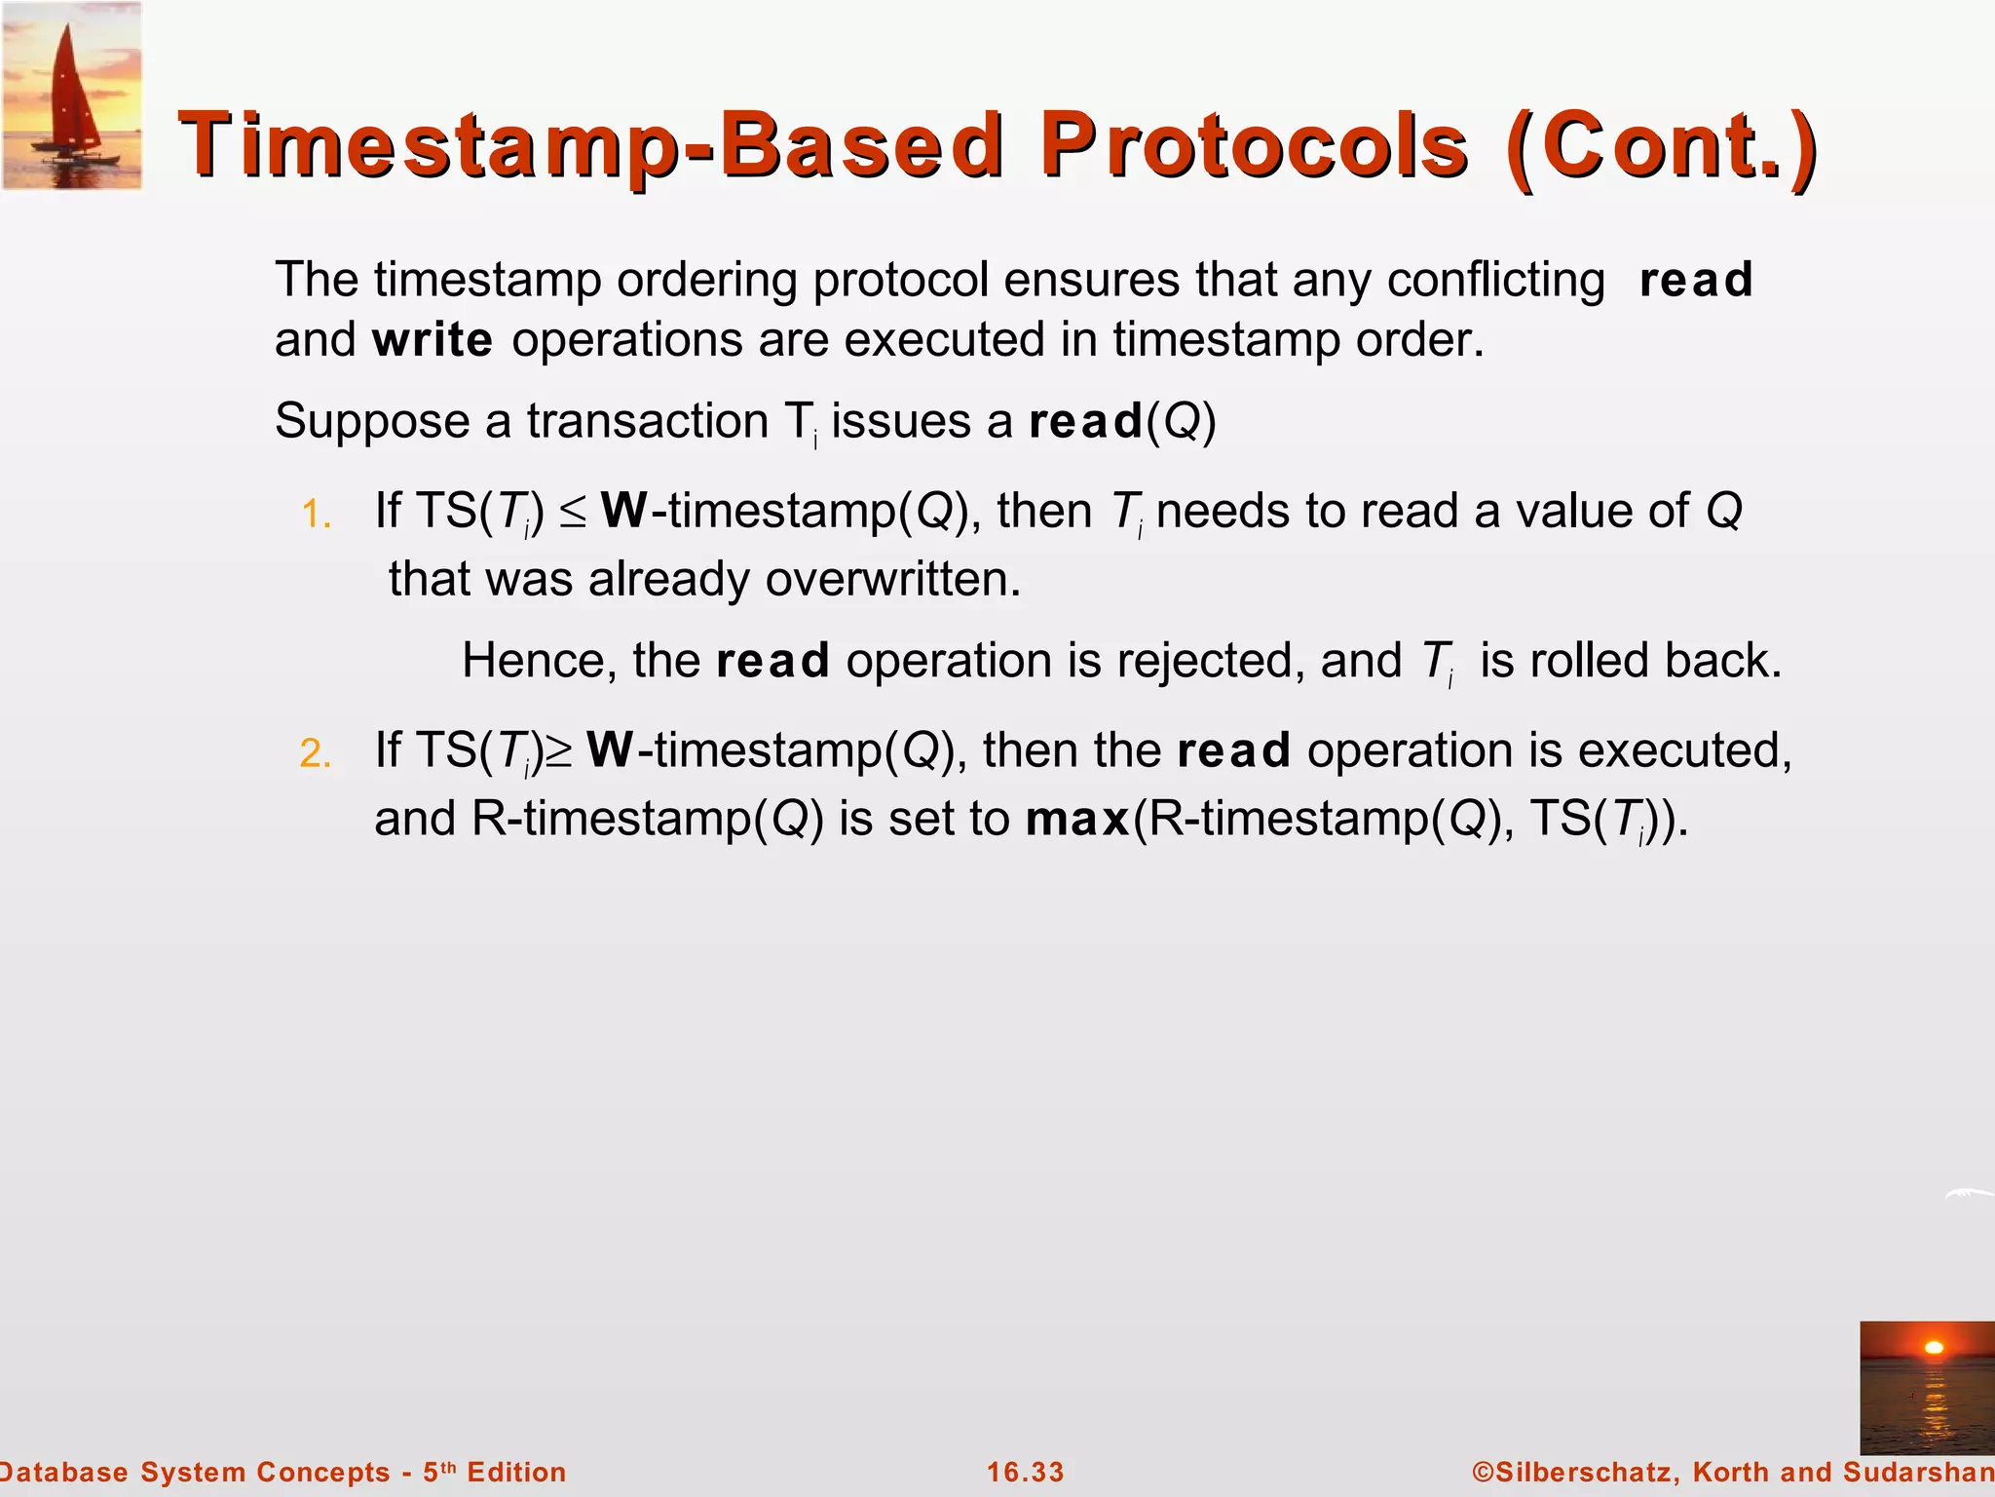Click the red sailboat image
point(71,95)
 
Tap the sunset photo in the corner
point(1926,1387)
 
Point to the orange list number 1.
point(316,515)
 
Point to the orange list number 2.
point(316,754)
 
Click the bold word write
point(433,340)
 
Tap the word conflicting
point(1495,281)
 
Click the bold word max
point(1076,819)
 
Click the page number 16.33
point(1025,1472)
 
